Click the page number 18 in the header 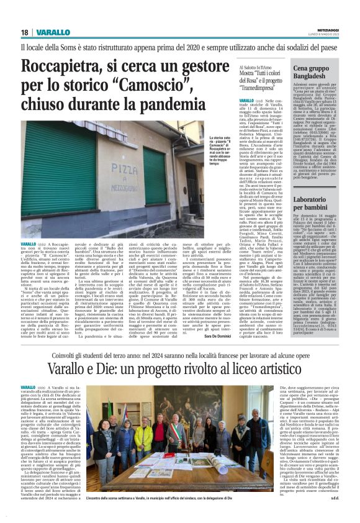point(25,32)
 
